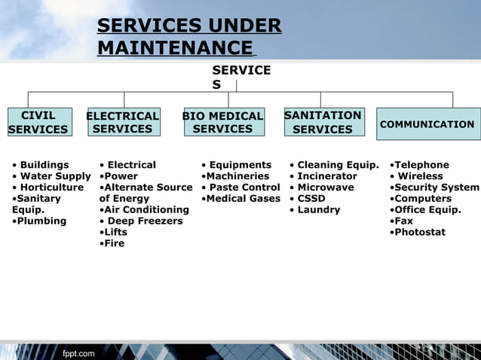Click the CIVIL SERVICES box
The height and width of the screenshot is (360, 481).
38,123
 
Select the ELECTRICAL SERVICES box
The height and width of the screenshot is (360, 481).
124,123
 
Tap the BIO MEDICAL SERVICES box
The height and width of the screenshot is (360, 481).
224,122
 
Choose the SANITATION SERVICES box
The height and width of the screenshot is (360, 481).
323,123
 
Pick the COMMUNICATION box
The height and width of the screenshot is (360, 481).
427,124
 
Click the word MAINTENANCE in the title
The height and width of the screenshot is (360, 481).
174,49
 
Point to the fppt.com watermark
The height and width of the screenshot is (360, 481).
79,353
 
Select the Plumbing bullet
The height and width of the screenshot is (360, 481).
41,221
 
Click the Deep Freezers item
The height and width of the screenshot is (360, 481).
145,221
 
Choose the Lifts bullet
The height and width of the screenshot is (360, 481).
115,233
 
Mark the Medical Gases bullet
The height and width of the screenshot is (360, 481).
242,199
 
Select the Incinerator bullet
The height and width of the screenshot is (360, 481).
326,176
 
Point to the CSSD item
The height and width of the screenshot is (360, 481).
311,199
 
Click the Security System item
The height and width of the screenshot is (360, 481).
436,188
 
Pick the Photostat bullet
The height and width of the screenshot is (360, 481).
419,233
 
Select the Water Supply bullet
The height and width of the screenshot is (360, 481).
54,176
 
